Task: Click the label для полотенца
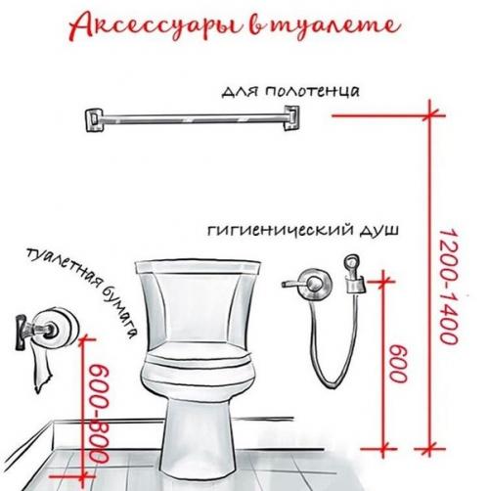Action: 290,92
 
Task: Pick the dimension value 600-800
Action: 98,411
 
